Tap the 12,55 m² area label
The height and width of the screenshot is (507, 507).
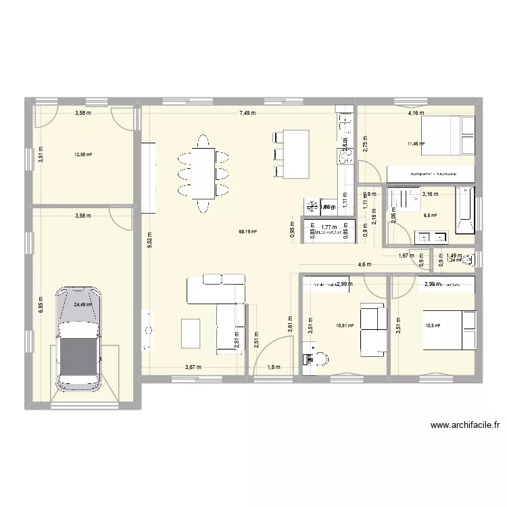click(x=83, y=154)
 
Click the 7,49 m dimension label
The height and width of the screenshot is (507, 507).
click(x=246, y=113)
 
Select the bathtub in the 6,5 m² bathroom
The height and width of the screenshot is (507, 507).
click(x=466, y=209)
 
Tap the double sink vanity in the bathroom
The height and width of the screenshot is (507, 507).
click(x=433, y=237)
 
